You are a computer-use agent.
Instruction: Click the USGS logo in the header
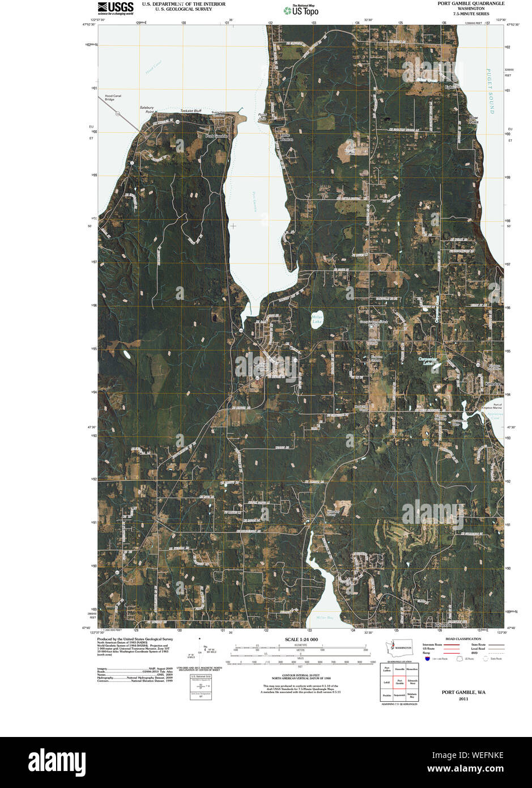pos(116,7)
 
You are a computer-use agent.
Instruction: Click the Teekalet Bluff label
pos(190,111)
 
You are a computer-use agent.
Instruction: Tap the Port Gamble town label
pos(216,136)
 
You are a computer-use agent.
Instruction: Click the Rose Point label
pos(473,119)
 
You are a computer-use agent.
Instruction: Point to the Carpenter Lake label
pos(429,361)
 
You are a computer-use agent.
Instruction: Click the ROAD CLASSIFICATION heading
pos(462,638)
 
